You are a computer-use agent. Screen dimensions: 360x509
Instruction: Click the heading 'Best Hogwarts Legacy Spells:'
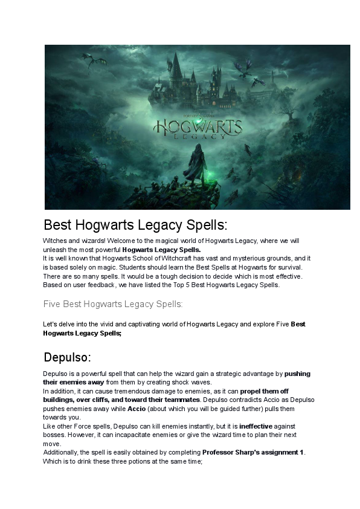point(135,225)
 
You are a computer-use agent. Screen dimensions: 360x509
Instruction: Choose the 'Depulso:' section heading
point(67,356)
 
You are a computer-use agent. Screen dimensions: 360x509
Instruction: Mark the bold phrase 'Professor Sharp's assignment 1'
point(253,453)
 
